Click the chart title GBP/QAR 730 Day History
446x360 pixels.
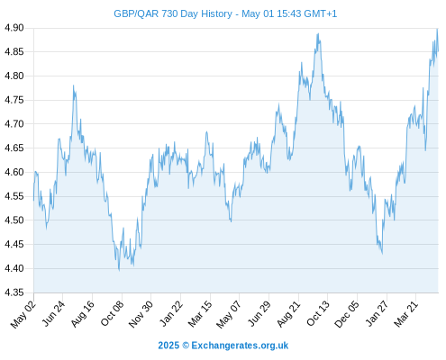pos(173,13)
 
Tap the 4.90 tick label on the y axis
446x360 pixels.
pos(14,28)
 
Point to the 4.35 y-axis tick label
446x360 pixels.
pos(14,292)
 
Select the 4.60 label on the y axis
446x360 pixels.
pos(14,172)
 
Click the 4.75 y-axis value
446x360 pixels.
pos(14,100)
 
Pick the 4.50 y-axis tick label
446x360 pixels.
pos(14,220)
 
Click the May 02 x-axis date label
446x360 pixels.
pos(23,314)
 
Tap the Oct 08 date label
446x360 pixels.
pos(112,314)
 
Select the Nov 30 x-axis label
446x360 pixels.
pos(141,314)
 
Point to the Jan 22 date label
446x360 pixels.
pos(171,314)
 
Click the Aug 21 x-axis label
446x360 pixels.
pos(288,314)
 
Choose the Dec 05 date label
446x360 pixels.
pos(347,314)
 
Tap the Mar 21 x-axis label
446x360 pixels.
pos(406,314)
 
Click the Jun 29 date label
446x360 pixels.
pos(259,314)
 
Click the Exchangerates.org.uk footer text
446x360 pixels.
pos(240,346)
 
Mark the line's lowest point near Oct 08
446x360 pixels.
pos(119,270)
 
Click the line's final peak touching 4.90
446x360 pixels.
pos(437,29)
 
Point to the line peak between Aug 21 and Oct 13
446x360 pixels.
pos(318,34)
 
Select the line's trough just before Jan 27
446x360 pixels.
pos(382,254)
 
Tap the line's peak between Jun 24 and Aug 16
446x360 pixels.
pos(73,85)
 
